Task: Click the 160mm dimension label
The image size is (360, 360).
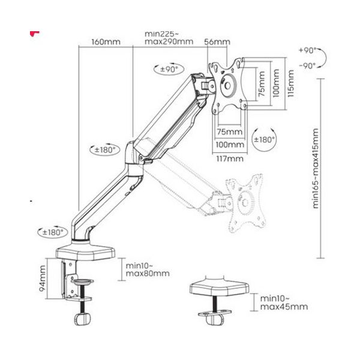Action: click(x=106, y=42)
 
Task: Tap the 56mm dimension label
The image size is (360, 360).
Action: click(x=217, y=42)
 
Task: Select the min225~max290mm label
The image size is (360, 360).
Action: click(x=169, y=38)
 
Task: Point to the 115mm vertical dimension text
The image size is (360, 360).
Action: click(x=290, y=83)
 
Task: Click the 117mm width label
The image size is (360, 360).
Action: click(x=230, y=158)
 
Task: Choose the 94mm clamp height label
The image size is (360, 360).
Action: click(x=42, y=278)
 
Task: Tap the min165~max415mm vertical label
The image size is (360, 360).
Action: click(x=316, y=169)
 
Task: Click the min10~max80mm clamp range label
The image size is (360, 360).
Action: click(x=148, y=269)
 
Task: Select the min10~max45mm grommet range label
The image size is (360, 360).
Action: click(x=284, y=302)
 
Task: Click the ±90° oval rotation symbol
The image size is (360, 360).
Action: click(x=169, y=68)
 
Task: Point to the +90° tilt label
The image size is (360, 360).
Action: click(x=307, y=50)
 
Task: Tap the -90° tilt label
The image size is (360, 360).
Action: click(x=307, y=66)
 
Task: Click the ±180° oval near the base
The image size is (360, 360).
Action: click(x=53, y=232)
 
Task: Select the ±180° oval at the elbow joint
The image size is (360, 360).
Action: click(x=104, y=149)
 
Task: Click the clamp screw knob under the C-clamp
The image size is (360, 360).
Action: click(x=82, y=319)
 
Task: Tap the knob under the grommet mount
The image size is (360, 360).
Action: click(x=215, y=319)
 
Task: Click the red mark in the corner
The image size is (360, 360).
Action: click(x=34, y=34)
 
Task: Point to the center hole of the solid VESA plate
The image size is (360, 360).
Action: click(x=227, y=86)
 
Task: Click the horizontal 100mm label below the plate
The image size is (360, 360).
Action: click(x=230, y=145)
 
